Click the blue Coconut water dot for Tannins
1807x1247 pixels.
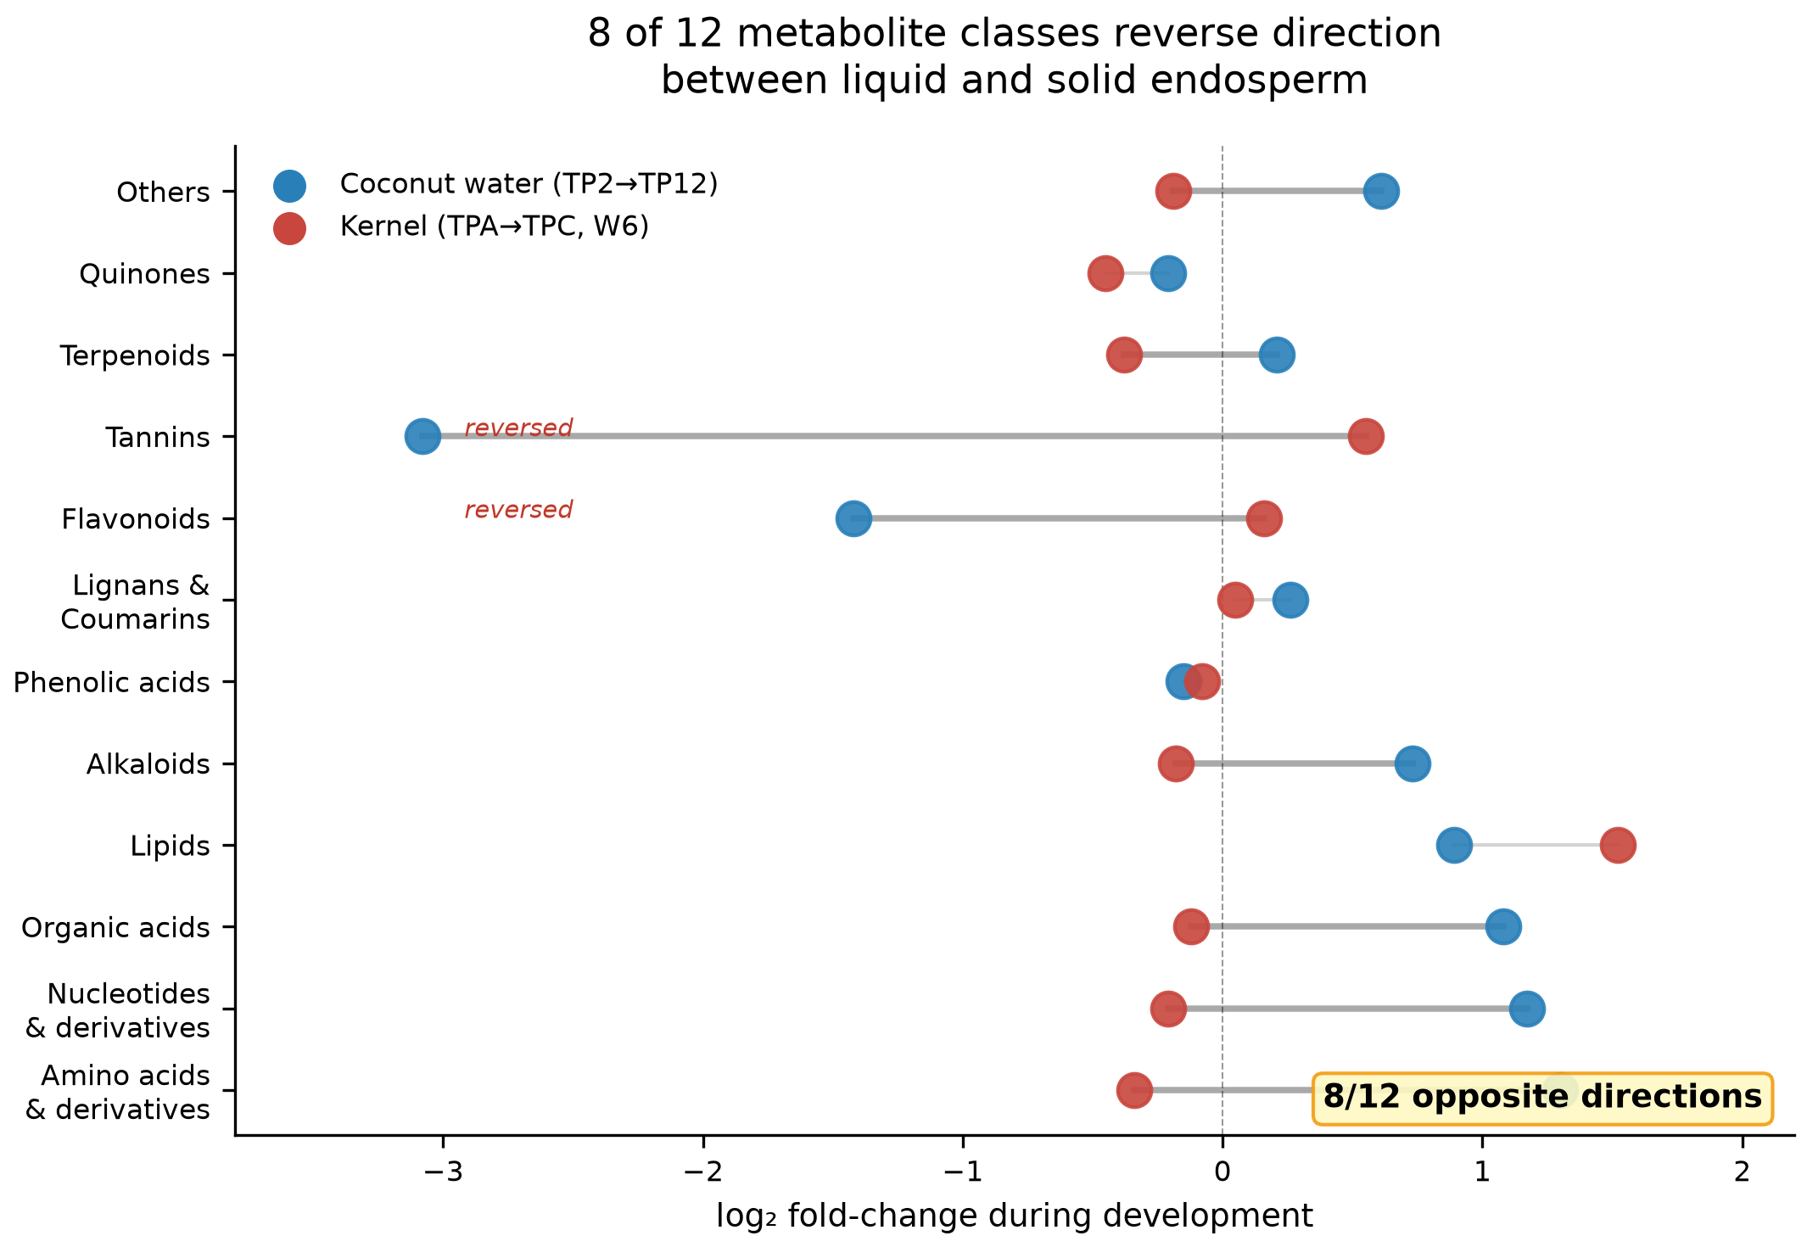(422, 437)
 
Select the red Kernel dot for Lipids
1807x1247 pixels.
(1618, 846)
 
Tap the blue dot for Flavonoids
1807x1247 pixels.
(853, 518)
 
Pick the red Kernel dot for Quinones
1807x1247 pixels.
(1105, 274)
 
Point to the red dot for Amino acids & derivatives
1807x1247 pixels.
(1134, 1090)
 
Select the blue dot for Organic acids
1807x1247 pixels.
(1503, 926)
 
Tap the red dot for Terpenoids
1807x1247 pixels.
(1124, 355)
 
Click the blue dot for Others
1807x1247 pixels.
(1381, 192)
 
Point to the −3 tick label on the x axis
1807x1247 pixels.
(443, 1172)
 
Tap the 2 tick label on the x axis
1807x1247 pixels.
(1742, 1172)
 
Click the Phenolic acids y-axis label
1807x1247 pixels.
(111, 683)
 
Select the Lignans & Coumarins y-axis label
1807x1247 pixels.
(135, 602)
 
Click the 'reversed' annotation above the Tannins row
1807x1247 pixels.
(518, 428)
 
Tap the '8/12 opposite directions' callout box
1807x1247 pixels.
(1542, 1099)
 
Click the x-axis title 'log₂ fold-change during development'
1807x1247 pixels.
(1015, 1216)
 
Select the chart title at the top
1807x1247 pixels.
(1015, 57)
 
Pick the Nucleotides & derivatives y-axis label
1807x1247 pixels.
(117, 1010)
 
